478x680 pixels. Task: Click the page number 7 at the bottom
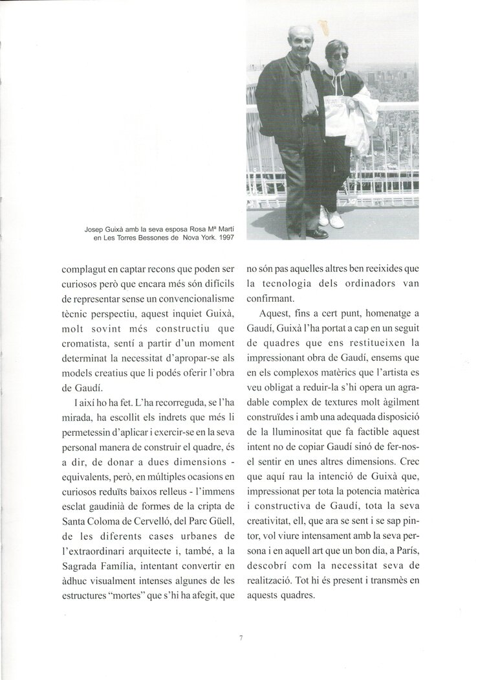(x=240, y=638)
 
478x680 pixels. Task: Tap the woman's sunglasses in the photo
(x=340, y=56)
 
